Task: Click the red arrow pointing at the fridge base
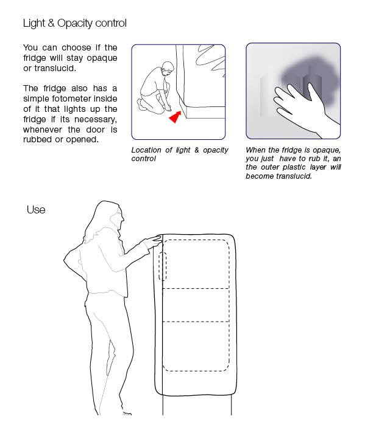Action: [x=175, y=117]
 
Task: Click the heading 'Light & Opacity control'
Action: [x=75, y=23]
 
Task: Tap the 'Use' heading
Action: [x=36, y=210]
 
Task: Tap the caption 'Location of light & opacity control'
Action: [x=180, y=154]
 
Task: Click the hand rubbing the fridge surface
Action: [x=302, y=108]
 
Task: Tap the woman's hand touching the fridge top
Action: [x=154, y=241]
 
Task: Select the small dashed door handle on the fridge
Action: [x=163, y=266]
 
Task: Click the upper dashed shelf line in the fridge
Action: [x=196, y=288]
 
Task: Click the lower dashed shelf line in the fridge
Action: [x=196, y=322]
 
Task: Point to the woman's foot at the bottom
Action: [x=127, y=413]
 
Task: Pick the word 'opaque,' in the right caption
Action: [x=327, y=150]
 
